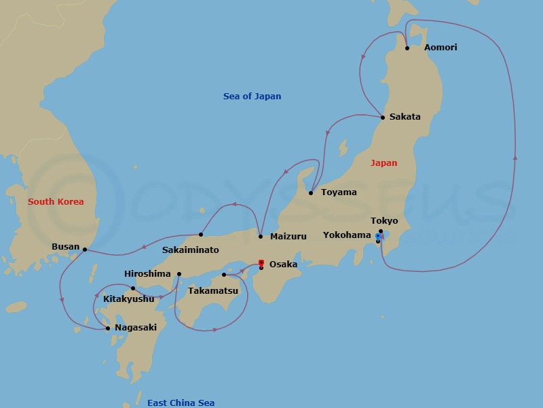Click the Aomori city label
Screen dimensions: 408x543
[x=441, y=48]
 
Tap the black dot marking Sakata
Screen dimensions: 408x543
[x=383, y=118]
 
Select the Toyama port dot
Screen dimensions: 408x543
[x=311, y=193]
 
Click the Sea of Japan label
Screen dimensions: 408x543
[x=252, y=97]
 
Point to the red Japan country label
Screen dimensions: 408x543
[x=383, y=163]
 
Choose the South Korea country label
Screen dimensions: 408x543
[x=56, y=202]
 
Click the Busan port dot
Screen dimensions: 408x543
[x=85, y=250]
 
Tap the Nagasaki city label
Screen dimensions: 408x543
[x=136, y=328]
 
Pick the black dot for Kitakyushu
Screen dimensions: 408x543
[x=133, y=288]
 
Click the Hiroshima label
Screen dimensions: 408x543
[x=147, y=274]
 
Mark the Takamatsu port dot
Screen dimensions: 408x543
[x=224, y=275]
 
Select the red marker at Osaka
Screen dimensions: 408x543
[x=261, y=262]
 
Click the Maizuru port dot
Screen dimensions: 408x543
[x=261, y=237]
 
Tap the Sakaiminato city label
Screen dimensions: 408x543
[x=191, y=250]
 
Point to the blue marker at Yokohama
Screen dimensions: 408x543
[x=378, y=236]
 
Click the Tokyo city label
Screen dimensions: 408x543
[x=384, y=221]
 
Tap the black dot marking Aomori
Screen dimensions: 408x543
[x=407, y=48]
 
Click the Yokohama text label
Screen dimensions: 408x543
[x=347, y=235]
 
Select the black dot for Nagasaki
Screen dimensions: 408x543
[x=108, y=328]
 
